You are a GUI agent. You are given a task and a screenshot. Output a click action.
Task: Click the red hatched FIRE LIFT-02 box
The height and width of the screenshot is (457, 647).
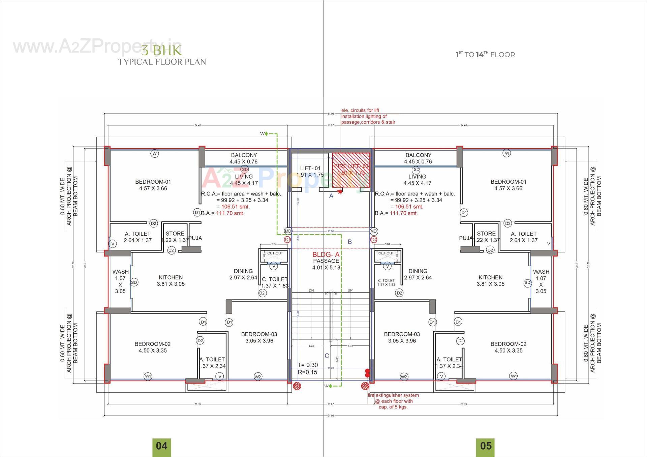point(351,170)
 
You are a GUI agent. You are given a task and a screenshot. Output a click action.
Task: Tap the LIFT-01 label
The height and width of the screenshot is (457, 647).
point(310,169)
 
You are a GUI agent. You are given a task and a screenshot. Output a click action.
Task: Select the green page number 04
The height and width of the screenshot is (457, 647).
point(161,446)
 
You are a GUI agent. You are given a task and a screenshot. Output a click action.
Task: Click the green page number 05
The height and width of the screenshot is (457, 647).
point(486,446)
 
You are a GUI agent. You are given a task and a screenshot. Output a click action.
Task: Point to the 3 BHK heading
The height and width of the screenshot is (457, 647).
point(161,51)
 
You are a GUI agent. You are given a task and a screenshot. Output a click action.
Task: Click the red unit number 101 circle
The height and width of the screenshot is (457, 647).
point(287,240)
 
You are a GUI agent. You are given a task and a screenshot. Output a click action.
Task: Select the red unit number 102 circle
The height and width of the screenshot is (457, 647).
point(373,240)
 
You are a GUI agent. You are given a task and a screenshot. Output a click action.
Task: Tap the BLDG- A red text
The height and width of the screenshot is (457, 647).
point(326,255)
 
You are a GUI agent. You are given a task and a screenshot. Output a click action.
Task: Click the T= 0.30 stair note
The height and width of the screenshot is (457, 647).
point(308,365)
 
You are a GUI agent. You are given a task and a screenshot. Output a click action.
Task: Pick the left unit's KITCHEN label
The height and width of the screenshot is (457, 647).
point(171,277)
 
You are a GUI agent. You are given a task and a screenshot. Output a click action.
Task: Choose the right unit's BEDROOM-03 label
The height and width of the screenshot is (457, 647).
point(402,334)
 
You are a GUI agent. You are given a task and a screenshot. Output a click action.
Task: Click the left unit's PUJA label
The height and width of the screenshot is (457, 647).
point(195,238)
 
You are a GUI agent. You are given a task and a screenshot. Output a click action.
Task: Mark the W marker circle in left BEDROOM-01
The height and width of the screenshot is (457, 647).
point(154,153)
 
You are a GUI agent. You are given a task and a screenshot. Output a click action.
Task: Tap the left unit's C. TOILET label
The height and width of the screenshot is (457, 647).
point(275,279)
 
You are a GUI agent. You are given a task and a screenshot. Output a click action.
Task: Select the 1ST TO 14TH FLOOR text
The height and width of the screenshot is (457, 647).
point(485,55)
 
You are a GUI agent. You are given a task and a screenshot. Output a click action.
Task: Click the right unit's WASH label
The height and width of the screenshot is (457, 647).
point(541,272)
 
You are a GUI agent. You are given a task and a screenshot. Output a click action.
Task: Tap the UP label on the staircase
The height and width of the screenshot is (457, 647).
point(350,290)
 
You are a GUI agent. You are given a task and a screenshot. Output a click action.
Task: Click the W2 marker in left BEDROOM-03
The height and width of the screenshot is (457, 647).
point(258,377)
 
